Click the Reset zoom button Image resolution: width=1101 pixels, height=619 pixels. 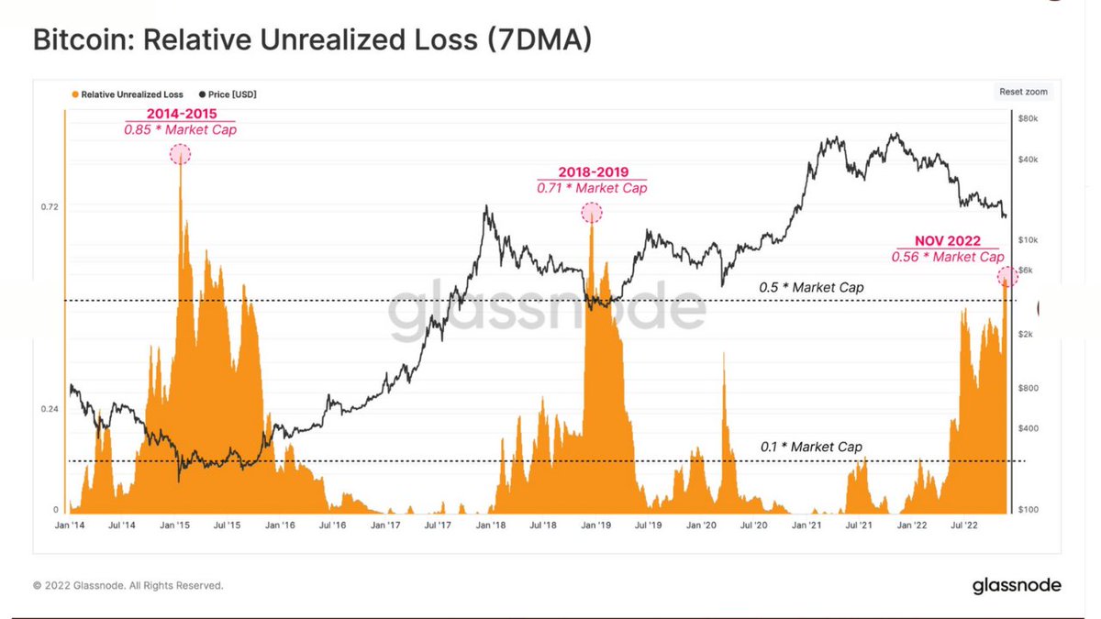tap(1023, 92)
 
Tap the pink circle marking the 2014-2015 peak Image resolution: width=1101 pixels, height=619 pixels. tap(181, 154)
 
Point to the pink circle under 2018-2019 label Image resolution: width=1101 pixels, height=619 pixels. tap(592, 213)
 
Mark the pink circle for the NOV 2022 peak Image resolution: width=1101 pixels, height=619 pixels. tap(1006, 276)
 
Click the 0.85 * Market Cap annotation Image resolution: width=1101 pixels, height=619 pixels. tap(179, 130)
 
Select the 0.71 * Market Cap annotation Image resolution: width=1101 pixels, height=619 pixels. tap(592, 188)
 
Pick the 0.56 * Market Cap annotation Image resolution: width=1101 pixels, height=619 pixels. tap(947, 257)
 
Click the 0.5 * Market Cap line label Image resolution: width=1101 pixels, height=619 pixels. tap(811, 288)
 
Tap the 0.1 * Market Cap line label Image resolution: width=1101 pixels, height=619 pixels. tap(811, 447)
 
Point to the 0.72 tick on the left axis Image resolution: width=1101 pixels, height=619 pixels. tap(50, 206)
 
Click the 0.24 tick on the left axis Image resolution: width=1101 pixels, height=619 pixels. tap(50, 409)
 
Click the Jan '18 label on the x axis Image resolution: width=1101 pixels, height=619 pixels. tap(492, 525)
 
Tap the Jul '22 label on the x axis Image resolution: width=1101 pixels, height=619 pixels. tap(962, 525)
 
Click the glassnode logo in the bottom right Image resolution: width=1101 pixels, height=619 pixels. tap(1017, 585)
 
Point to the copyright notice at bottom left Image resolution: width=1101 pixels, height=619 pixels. tap(128, 585)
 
